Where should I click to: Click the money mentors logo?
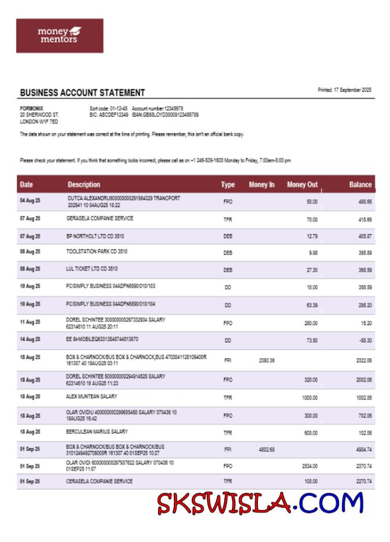[60, 35]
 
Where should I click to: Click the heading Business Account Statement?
[82, 93]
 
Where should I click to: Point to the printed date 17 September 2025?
[344, 90]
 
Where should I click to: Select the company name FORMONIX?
[31, 108]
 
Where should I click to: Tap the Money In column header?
[261, 185]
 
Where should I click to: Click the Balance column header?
[360, 185]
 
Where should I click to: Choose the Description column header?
[83, 185]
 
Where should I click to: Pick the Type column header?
[228, 185]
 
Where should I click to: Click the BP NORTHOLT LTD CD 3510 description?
[95, 236]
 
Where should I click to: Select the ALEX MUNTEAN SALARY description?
[92, 397]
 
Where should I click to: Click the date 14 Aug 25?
[30, 339]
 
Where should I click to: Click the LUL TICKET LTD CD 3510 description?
[92, 269]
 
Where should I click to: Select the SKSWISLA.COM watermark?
[260, 503]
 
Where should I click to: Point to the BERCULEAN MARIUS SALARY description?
[97, 431]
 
